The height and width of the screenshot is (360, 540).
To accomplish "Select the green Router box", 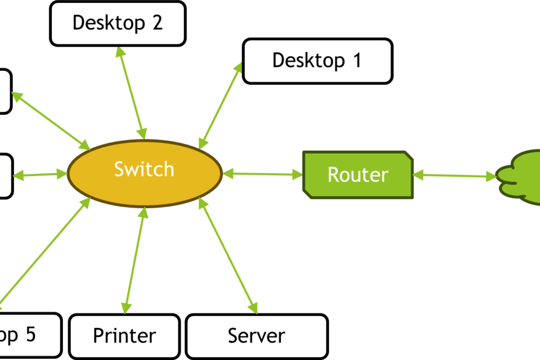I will point(358,174).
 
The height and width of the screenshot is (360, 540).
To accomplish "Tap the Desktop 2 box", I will point(118,23).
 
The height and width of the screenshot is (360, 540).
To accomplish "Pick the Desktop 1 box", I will point(317,61).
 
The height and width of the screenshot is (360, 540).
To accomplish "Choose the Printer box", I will point(124,336).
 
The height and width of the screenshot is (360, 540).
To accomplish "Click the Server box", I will point(256,336).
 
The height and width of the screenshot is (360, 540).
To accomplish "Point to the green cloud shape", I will point(520,176).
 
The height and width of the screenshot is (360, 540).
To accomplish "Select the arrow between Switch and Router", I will point(263,175).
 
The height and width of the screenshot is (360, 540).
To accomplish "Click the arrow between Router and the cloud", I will point(455,177).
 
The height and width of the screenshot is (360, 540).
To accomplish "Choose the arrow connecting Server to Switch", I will point(228,255).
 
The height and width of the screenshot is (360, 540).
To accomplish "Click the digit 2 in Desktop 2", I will point(156,23).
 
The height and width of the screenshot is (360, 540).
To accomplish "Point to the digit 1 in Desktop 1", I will point(355,61).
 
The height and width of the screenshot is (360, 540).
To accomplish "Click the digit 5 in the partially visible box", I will point(29,335).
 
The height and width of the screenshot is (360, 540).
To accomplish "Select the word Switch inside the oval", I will point(144,169).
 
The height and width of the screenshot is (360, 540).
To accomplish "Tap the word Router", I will point(358,174).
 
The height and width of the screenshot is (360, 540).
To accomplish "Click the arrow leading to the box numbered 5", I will point(45,253).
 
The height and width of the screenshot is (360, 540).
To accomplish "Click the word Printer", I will point(124,336).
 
